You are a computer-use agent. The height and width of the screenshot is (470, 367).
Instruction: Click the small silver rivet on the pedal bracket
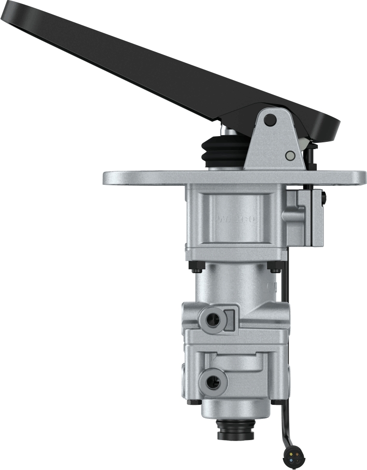[290, 155]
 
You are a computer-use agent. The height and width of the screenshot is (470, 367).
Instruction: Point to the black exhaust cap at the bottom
[235, 429]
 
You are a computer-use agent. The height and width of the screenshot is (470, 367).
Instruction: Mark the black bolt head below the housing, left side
[197, 267]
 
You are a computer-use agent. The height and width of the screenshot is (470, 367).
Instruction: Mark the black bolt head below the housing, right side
[274, 267]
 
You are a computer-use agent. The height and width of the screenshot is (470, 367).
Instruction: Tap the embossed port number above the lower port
[213, 359]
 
